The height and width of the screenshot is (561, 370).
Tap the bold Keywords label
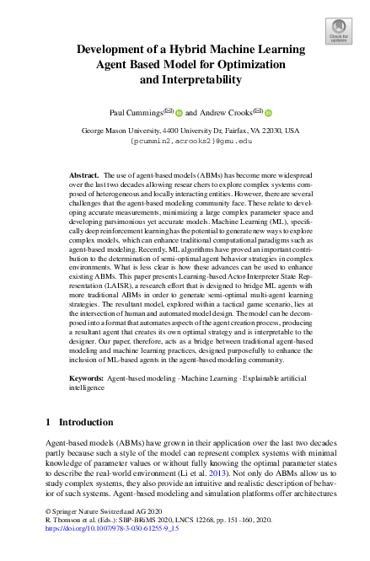[88, 380]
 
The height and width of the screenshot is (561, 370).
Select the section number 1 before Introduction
[49, 422]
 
